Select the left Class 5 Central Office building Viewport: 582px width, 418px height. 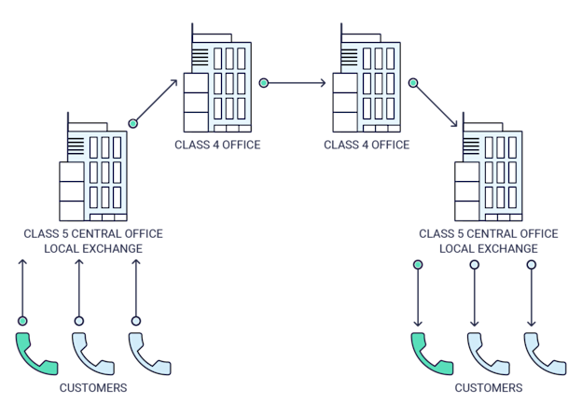tap(93, 174)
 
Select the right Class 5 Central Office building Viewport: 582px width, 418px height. tap(488, 174)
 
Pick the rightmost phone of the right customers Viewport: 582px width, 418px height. tap(545, 353)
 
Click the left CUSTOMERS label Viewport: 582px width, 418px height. tap(92, 387)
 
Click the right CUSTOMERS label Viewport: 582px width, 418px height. tap(488, 387)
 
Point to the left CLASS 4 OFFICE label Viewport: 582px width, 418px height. tap(217, 145)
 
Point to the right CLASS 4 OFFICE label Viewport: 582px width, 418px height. tap(367, 145)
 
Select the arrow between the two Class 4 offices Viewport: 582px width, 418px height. tap(298, 83)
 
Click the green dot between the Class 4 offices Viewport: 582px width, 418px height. tap(264, 83)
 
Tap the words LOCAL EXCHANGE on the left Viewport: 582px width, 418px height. tap(93, 248)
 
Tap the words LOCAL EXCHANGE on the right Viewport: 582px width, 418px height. tap(488, 248)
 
